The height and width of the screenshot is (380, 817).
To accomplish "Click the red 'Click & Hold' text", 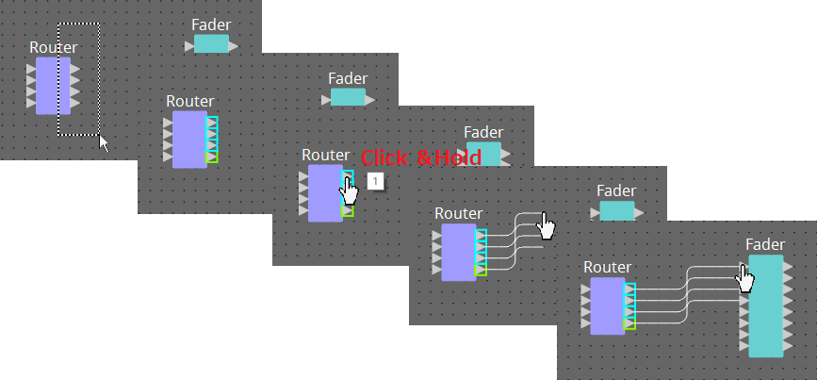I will (x=421, y=157).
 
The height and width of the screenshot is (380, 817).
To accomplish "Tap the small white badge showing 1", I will (x=375, y=180).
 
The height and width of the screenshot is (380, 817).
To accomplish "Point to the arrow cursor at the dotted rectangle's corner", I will (x=104, y=142).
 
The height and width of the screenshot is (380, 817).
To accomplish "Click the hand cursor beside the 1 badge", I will (x=350, y=190).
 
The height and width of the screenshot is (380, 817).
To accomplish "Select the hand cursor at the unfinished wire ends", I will (x=547, y=225).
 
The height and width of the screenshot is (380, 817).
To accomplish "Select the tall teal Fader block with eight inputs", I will (x=766, y=306).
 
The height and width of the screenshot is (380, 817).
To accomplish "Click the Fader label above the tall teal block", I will (x=764, y=244).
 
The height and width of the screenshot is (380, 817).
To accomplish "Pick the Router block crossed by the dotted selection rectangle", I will (x=53, y=85).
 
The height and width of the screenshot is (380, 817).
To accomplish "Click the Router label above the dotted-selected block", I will (x=54, y=47).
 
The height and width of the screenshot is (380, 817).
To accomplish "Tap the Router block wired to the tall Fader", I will (x=608, y=306).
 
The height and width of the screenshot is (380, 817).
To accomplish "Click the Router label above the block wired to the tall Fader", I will (x=607, y=267).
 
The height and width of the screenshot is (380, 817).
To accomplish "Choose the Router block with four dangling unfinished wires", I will (x=459, y=252).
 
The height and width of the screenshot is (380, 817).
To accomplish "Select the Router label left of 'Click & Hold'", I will (x=325, y=155).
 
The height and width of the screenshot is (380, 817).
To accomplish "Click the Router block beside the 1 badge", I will (x=325, y=192).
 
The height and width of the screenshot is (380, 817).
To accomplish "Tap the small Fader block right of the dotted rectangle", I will (x=211, y=44).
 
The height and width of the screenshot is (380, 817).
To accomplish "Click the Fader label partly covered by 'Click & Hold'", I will (x=483, y=133).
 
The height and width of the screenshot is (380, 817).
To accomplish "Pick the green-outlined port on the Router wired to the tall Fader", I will (x=630, y=324).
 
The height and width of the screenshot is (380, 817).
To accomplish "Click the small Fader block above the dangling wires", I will (x=617, y=211).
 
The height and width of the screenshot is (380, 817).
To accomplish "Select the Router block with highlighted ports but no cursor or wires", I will (x=189, y=140).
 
